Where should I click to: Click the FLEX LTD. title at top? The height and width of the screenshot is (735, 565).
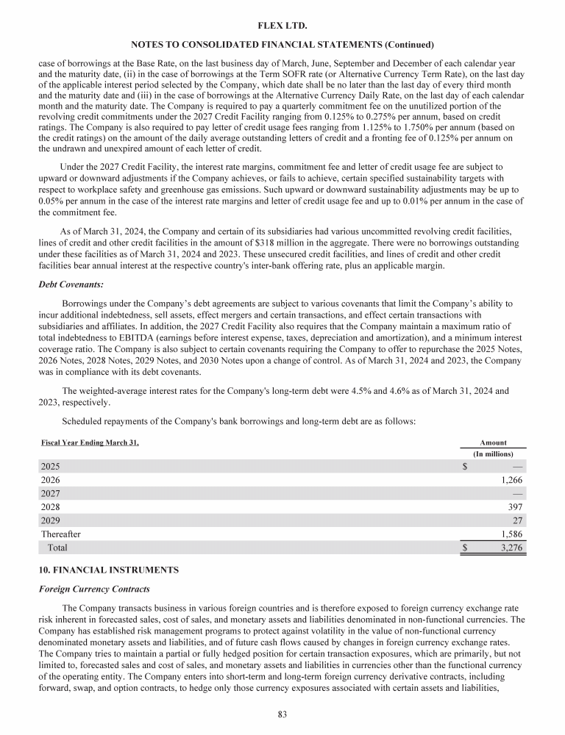click(282, 24)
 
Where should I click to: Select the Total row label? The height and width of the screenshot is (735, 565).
click(57, 548)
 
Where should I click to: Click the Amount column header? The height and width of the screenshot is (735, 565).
click(493, 442)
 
